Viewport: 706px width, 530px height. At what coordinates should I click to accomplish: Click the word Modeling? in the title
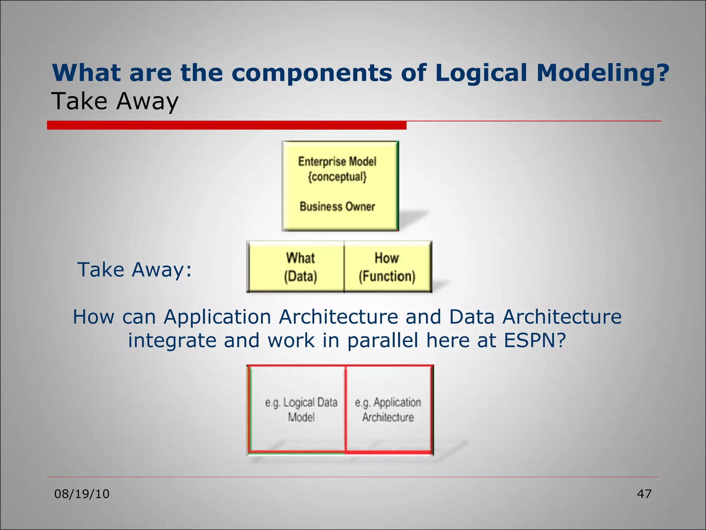pyautogui.click(x=603, y=73)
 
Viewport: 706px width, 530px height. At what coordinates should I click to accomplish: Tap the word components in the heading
pyautogui.click(x=312, y=73)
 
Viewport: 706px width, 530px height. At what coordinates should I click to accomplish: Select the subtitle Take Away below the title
pyautogui.click(x=115, y=101)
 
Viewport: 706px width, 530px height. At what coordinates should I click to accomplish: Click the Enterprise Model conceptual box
pyautogui.click(x=340, y=186)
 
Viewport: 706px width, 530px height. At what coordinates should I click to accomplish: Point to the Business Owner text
pyautogui.click(x=337, y=206)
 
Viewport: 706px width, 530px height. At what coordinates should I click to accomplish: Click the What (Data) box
pyautogui.click(x=296, y=267)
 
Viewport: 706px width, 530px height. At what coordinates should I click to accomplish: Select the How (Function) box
pyautogui.click(x=387, y=267)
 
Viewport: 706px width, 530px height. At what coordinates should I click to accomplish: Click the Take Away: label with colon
pyautogui.click(x=134, y=269)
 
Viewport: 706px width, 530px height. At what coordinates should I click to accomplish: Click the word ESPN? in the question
pyautogui.click(x=535, y=340)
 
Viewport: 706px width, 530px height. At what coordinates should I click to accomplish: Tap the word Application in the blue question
pyautogui.click(x=218, y=316)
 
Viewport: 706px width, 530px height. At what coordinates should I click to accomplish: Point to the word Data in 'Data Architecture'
pyautogui.click(x=472, y=316)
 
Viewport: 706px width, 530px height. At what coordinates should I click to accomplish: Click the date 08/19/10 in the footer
pyautogui.click(x=82, y=494)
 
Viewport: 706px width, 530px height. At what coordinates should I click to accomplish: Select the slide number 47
pyautogui.click(x=644, y=494)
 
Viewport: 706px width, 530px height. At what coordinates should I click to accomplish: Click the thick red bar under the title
pyautogui.click(x=226, y=125)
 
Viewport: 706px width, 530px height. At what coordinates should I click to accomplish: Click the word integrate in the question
pyautogui.click(x=172, y=340)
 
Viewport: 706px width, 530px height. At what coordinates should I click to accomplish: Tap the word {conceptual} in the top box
pyautogui.click(x=337, y=177)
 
